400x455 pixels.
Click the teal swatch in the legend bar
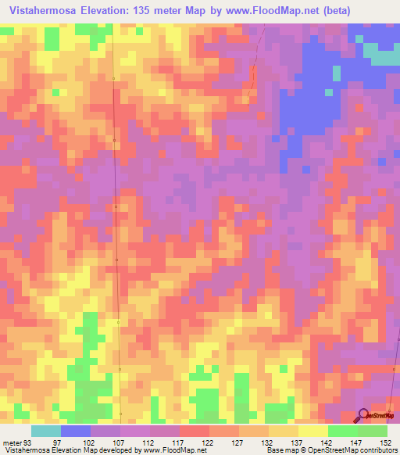46,431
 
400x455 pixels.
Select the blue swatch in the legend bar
76,431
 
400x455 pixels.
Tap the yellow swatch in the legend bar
313,431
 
